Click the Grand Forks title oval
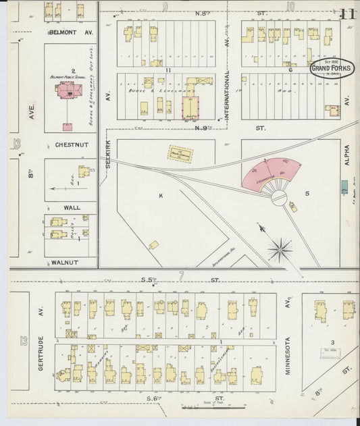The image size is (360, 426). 331,68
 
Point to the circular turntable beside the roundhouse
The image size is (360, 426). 279,198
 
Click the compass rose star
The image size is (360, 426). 280,250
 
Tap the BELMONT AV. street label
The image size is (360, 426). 70,32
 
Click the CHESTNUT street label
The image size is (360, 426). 69,144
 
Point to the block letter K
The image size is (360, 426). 160,195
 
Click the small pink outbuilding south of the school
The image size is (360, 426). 67,126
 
